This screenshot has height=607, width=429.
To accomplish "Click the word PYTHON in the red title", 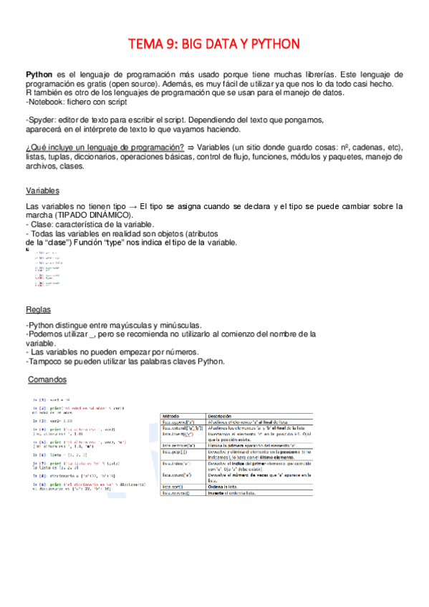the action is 271,44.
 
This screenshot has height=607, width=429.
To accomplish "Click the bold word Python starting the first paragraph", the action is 39,74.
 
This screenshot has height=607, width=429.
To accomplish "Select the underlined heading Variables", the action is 42,191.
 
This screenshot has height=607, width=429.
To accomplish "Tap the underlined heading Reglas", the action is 38,310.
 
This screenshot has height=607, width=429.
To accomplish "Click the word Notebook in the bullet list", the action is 47,102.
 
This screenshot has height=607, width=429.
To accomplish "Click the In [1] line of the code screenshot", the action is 50,399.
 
